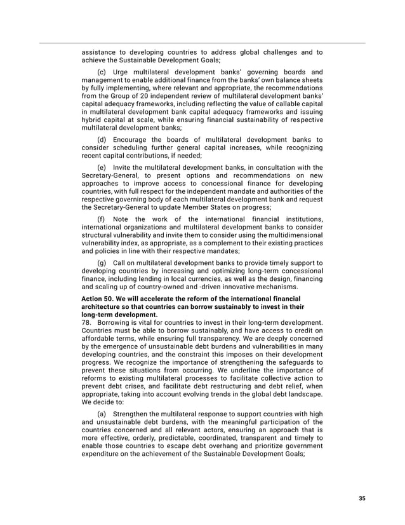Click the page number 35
click(362, 499)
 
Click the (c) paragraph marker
click(102, 72)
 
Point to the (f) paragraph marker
click(101, 220)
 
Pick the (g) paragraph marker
click(102, 262)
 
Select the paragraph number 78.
click(87, 322)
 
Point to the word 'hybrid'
click(92, 120)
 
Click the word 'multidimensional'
click(293, 235)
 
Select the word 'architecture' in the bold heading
click(101, 306)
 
